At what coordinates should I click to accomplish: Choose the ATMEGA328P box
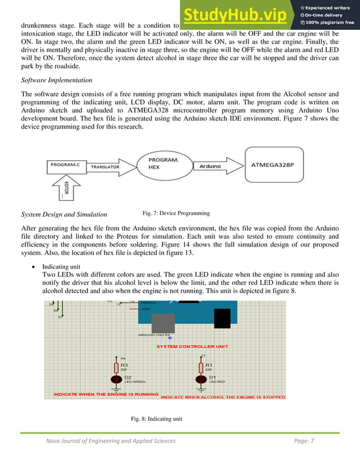click(275, 166)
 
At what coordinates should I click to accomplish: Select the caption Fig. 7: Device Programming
click(177, 213)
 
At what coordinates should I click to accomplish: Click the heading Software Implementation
click(56, 80)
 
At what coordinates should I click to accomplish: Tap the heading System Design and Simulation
click(64, 214)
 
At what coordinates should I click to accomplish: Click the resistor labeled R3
click(116, 367)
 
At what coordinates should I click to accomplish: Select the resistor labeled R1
click(201, 367)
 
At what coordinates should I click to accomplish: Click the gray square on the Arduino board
click(164, 323)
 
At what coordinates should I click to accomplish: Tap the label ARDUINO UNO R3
click(153, 335)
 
